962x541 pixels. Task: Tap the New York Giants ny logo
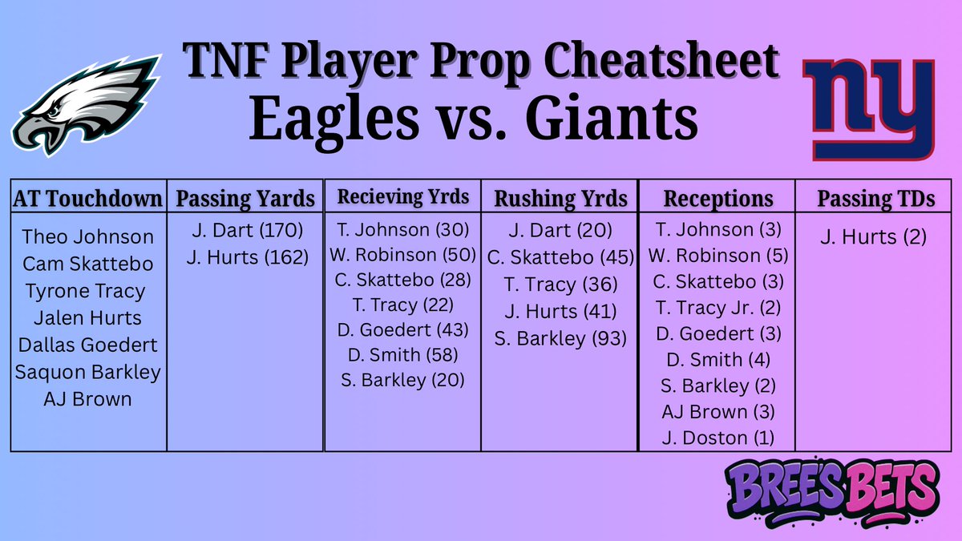(871, 109)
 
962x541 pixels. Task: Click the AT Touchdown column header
(88, 199)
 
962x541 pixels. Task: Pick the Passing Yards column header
(245, 199)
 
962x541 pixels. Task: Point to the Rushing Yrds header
(560, 199)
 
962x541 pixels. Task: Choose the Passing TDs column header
(875, 199)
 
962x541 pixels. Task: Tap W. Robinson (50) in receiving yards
(401, 256)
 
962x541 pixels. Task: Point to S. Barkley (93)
(560, 337)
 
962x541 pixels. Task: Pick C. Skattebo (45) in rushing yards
(560, 258)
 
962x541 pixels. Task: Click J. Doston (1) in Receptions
(717, 438)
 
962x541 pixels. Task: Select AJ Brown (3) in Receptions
(717, 412)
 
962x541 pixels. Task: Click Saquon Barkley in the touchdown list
(88, 372)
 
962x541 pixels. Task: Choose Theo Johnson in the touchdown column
(88, 236)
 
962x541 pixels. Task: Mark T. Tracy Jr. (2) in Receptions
(717, 307)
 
